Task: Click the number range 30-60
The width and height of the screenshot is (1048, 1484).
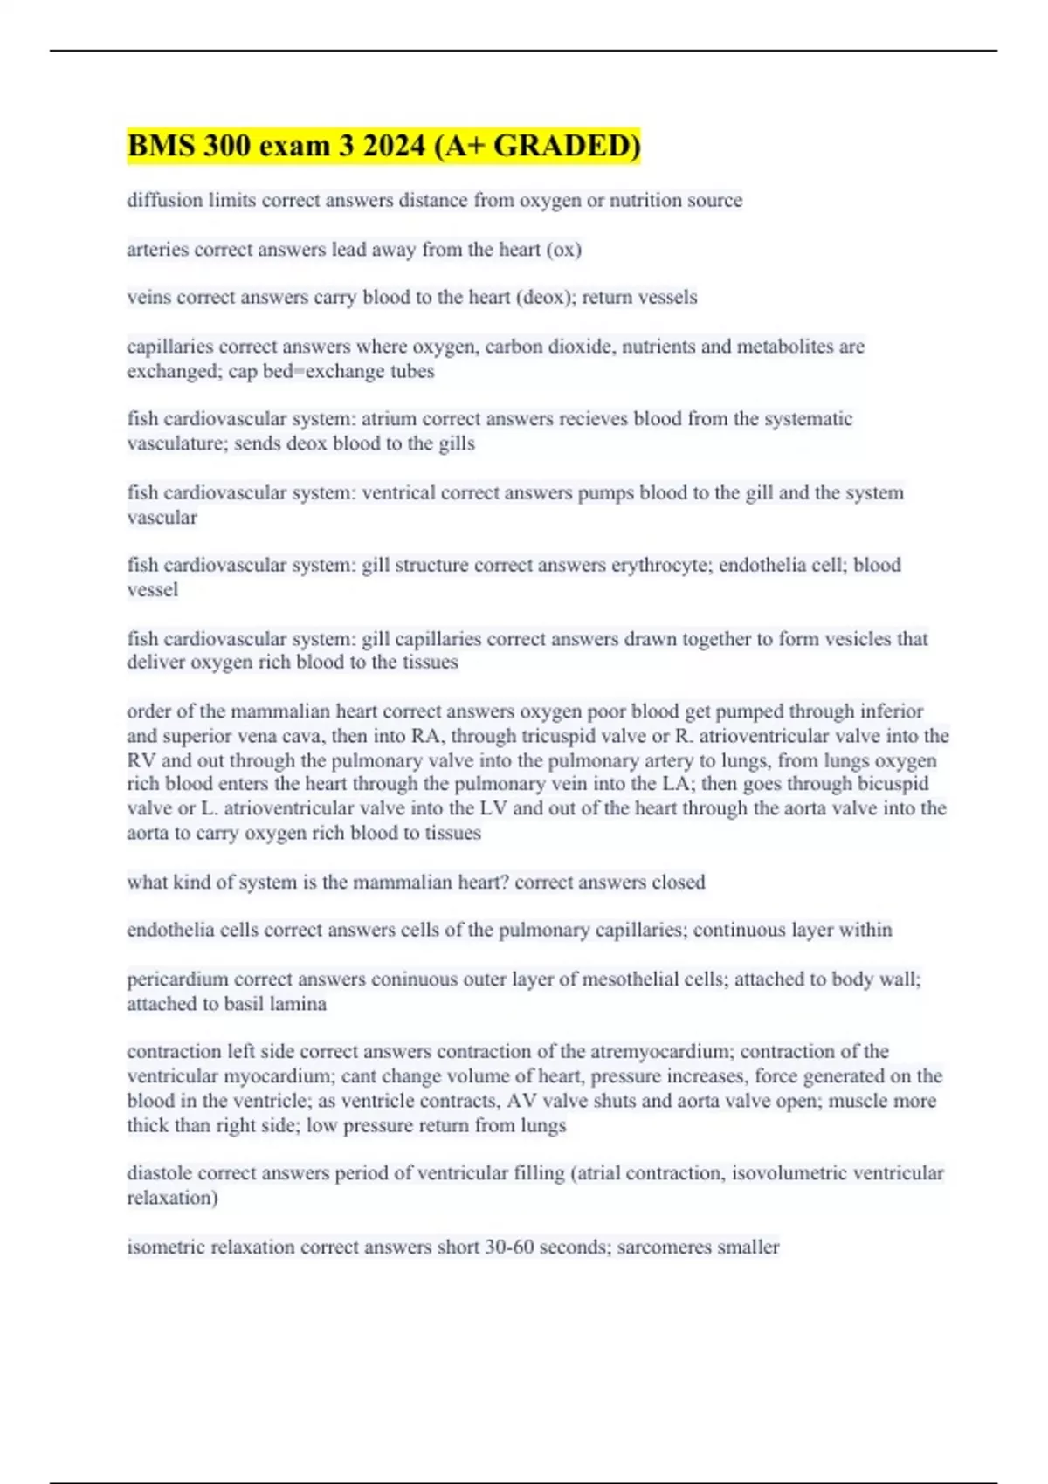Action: (510, 1247)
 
